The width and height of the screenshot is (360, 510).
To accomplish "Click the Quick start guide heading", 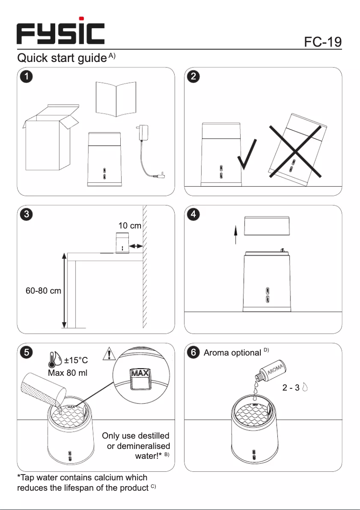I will [x=62, y=58].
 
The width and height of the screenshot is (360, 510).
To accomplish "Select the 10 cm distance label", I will [x=129, y=226].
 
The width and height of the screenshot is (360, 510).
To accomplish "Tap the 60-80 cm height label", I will [x=43, y=290].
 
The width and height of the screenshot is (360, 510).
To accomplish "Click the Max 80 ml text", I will [x=67, y=374].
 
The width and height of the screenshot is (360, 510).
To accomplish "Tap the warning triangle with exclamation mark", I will [x=110, y=354].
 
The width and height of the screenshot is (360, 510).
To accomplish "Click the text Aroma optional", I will [x=232, y=353].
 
